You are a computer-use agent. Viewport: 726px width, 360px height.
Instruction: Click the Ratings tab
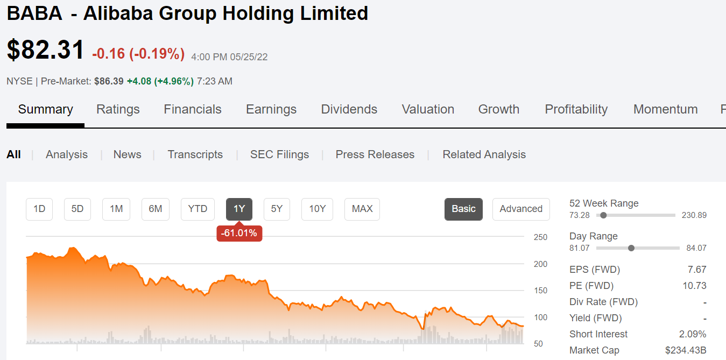118,109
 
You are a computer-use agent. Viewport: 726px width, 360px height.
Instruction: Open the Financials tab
193,109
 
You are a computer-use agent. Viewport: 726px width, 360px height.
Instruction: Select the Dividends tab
349,109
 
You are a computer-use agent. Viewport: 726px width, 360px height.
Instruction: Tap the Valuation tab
428,109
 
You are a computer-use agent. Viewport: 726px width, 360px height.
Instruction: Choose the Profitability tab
576,109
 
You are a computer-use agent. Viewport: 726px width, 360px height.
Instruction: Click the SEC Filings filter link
279,154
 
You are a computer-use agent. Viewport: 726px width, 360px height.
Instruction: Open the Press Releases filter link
375,154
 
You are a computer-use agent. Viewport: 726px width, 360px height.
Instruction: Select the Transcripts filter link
195,154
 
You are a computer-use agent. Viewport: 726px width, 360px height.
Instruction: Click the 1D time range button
39,209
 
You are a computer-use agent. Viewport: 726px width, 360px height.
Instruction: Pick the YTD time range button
198,209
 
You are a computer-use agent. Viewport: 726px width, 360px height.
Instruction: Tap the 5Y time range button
277,209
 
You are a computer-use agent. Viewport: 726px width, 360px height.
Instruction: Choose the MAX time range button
362,209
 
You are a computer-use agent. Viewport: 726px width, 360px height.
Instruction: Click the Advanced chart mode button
521,209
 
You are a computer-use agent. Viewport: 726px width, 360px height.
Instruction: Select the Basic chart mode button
463,209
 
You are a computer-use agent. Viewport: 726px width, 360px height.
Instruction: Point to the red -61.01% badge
239,234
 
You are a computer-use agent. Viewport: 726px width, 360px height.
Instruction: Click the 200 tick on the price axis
540,264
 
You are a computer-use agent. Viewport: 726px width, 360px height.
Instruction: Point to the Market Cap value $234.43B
686,350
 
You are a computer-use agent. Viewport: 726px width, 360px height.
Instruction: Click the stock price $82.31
46,50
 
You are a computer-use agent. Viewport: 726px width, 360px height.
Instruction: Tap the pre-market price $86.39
109,81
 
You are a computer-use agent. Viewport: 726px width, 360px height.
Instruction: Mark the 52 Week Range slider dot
603,215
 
